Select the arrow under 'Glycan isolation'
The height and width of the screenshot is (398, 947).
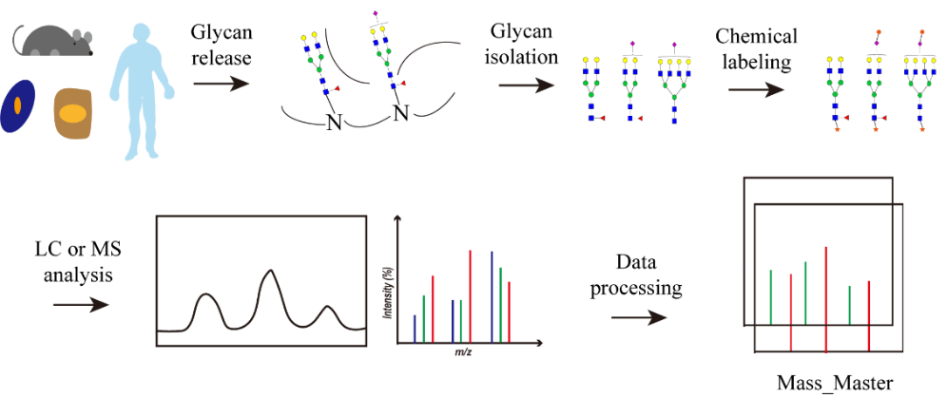529,85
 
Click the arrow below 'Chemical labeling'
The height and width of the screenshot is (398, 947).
758,88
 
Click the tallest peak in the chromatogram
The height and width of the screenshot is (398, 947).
270,274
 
